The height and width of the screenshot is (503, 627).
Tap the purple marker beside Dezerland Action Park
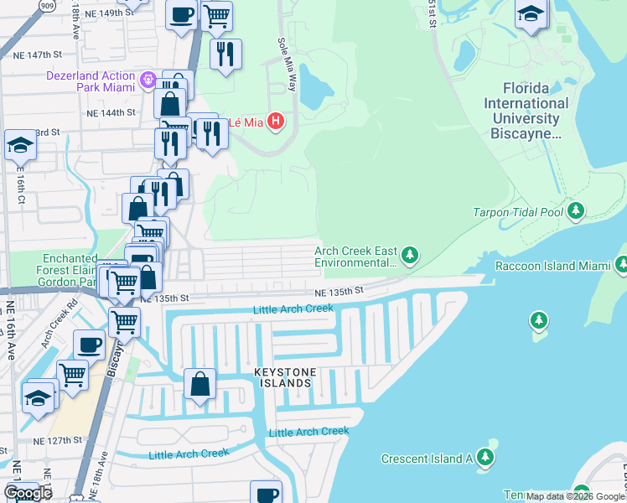149,80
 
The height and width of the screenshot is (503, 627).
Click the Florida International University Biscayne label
536,111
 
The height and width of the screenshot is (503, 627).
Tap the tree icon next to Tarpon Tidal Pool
576,211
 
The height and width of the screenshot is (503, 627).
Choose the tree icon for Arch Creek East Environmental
409,253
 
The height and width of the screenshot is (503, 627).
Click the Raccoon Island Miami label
552,266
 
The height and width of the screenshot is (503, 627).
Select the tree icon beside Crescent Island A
484,458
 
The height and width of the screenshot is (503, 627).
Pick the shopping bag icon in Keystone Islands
201,383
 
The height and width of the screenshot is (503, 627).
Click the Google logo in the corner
28,492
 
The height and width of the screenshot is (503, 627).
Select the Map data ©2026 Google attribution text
575,496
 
